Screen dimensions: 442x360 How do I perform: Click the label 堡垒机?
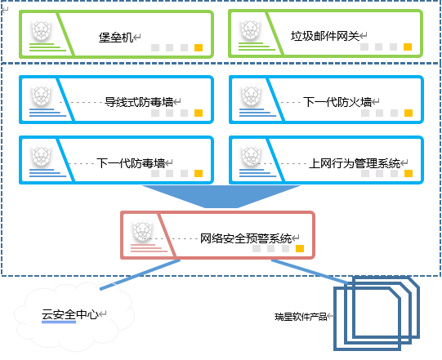tap(115, 38)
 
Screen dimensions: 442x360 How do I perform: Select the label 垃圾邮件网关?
tap(325, 36)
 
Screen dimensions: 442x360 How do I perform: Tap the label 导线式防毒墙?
tap(139, 102)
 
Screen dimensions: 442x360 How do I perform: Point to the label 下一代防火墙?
tap(337, 102)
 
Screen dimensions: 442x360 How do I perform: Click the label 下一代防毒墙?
tap(131, 163)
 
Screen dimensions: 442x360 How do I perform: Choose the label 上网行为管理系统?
tap(355, 163)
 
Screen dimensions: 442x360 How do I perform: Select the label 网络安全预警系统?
tap(246, 238)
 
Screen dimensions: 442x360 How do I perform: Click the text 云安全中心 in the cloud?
tap(70, 314)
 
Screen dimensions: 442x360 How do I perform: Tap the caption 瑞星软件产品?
tap(301, 317)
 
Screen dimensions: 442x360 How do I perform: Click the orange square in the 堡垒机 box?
tap(199, 47)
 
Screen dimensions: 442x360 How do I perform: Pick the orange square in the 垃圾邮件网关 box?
tap(408, 47)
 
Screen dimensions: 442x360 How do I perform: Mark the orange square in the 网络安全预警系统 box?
tap(300, 248)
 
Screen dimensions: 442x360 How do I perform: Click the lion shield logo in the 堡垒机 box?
tap(42, 30)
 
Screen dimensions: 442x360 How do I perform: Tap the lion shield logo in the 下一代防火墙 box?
tap(251, 96)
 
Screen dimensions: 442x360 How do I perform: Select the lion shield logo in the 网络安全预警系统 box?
tap(143, 232)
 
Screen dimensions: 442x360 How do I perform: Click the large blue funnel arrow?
tap(221, 196)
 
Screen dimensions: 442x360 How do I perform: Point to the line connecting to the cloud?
tap(140, 274)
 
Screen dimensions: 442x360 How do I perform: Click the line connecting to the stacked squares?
tap(310, 271)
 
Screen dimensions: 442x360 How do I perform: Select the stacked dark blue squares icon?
tap(377, 313)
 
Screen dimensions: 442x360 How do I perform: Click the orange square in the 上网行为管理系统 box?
tap(409, 174)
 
